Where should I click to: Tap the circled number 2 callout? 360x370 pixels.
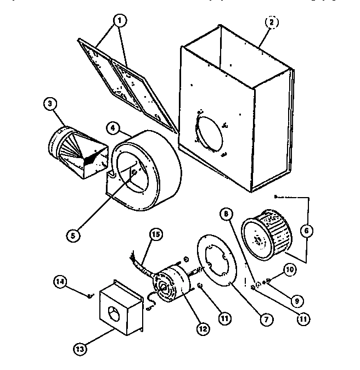[x=271, y=23]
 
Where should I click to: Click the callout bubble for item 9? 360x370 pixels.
[x=297, y=300]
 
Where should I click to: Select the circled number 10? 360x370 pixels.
[x=290, y=269]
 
